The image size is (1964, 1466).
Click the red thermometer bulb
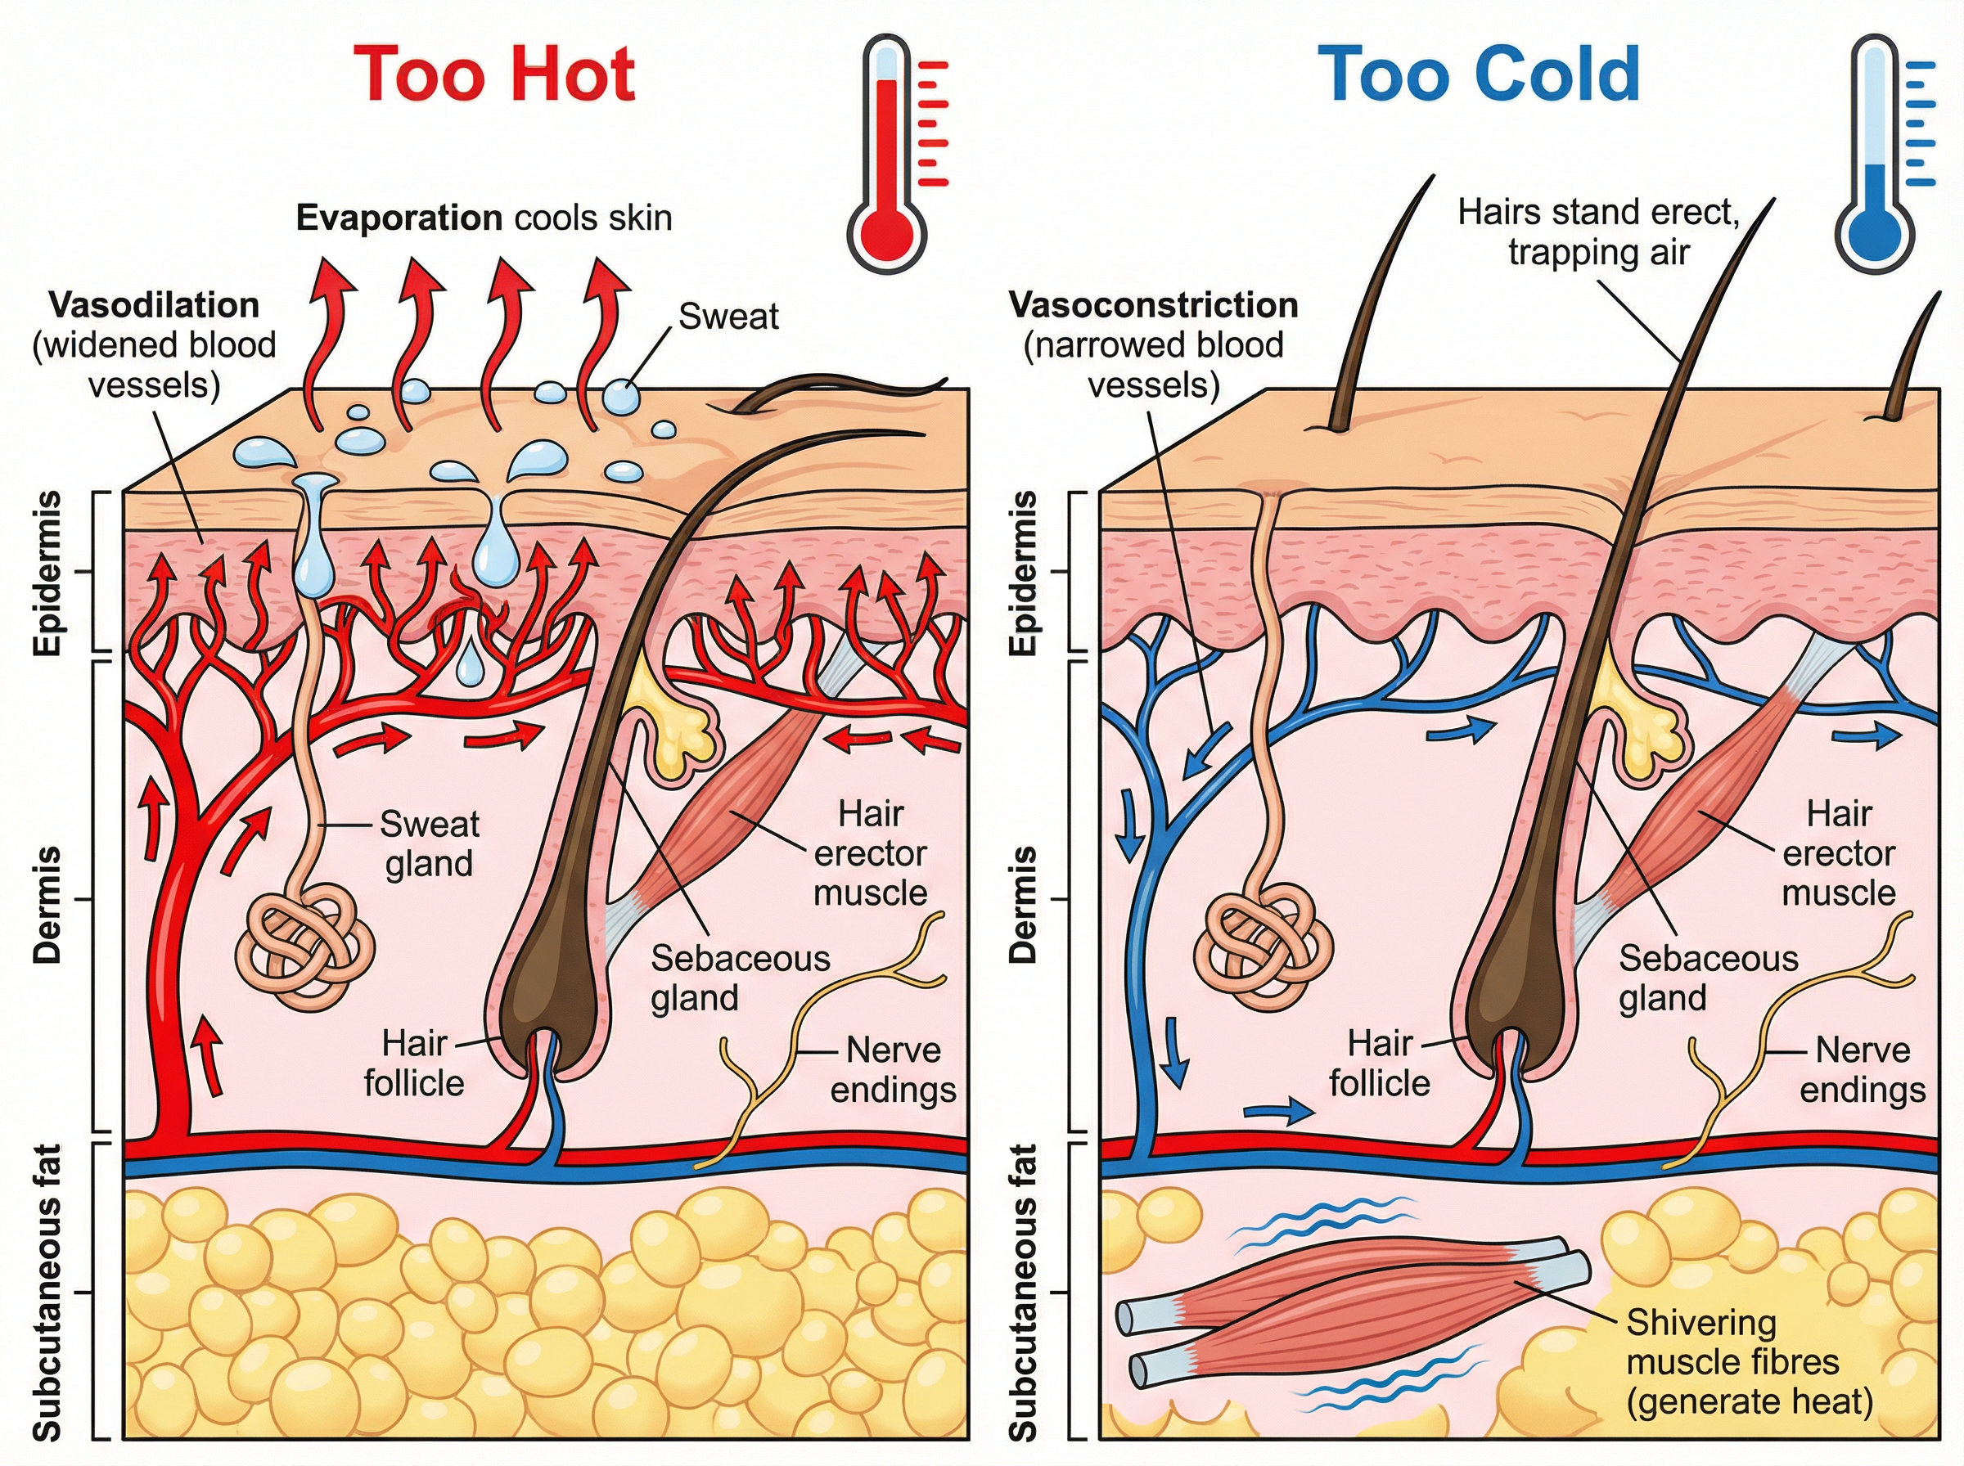(x=886, y=233)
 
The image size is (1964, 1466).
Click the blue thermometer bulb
(x=1874, y=233)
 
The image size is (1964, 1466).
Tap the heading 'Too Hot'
(x=494, y=74)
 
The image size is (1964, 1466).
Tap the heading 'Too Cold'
(x=1479, y=74)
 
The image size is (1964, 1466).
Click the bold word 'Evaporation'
(x=399, y=218)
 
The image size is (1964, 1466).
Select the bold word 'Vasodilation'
(x=155, y=305)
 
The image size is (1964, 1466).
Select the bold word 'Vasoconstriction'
(x=1153, y=305)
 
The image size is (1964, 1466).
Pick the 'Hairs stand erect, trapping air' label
(x=1598, y=232)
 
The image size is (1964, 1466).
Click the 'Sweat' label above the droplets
(x=727, y=317)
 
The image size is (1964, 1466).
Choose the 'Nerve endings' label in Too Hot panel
(x=893, y=1070)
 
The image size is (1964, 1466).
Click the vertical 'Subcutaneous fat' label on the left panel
(x=48, y=1292)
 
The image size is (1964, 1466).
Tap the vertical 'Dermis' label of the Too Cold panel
(x=1023, y=904)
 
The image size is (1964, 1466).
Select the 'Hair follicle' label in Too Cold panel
(x=1379, y=1064)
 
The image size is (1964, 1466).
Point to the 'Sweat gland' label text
(x=430, y=844)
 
